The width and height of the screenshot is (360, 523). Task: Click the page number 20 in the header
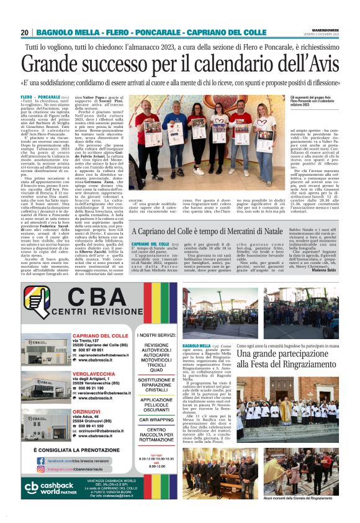(x=25, y=32)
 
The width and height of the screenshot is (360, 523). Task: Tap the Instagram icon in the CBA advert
(x=42, y=470)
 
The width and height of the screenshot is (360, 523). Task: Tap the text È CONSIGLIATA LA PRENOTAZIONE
(x=75, y=448)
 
